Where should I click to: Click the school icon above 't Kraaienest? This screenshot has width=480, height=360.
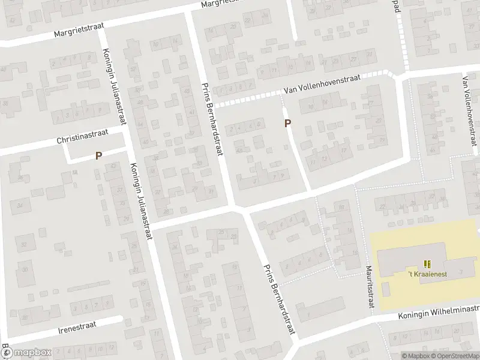[427, 263]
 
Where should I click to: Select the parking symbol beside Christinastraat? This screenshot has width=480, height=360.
[98, 155]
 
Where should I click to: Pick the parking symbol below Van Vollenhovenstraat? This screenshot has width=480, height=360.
[288, 124]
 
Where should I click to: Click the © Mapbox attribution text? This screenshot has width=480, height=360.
[415, 356]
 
